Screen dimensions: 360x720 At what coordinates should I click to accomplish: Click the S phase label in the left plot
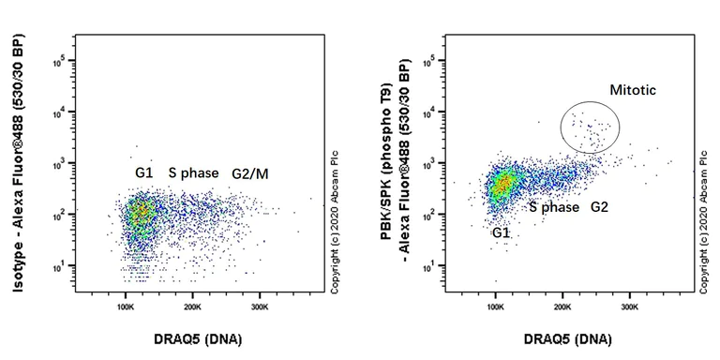coord(193,172)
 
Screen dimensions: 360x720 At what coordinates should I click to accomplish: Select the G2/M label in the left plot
coord(251,172)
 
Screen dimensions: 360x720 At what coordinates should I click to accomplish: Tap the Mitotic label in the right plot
coord(633,91)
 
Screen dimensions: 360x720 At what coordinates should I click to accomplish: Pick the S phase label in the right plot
coord(554,206)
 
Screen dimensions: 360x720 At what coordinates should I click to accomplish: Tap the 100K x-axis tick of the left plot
coord(125,307)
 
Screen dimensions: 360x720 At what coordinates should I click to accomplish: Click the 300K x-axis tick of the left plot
coord(260,307)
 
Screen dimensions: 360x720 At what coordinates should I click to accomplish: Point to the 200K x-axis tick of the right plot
coord(562,307)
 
